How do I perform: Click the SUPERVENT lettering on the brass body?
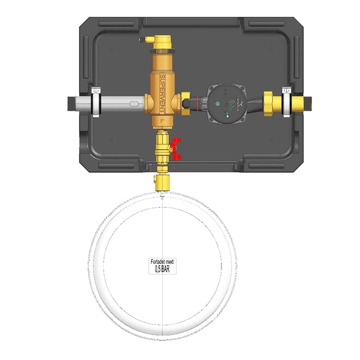tap(163, 94)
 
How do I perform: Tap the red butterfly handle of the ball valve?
tap(176, 149)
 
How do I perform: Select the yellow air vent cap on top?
tap(163, 42)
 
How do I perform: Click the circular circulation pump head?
tap(227, 104)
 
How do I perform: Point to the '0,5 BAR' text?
tap(163, 269)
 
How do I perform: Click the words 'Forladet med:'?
tap(163, 262)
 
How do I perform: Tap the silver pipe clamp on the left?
tap(96, 102)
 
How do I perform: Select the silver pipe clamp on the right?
tap(287, 102)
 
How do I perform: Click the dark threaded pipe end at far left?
tap(71, 104)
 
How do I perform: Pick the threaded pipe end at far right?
tap(308, 103)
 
